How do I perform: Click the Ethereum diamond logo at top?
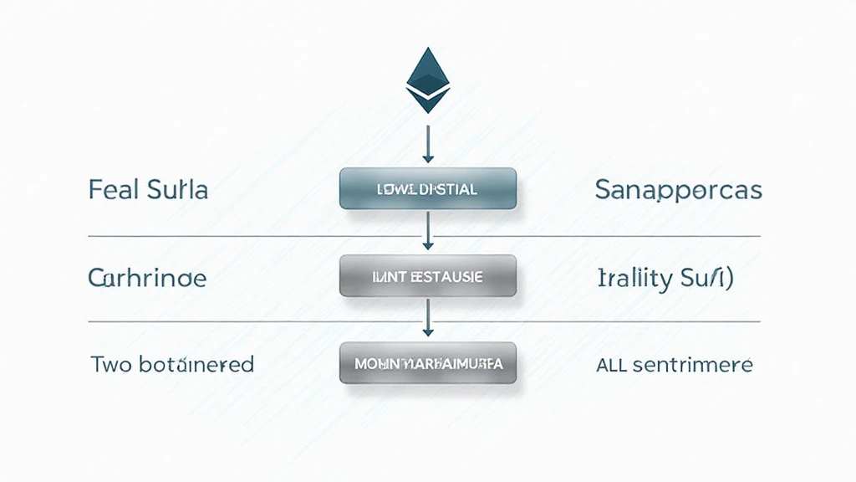pyautogui.click(x=427, y=80)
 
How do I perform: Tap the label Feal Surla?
pyautogui.click(x=148, y=190)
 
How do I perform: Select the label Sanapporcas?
pyautogui.click(x=678, y=190)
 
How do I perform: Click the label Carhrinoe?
pyautogui.click(x=147, y=278)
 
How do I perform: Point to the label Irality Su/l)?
pyautogui.click(x=665, y=279)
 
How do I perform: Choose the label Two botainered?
pyautogui.click(x=171, y=364)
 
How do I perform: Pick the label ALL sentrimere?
pyautogui.click(x=674, y=365)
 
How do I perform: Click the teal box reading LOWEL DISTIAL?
pyautogui.click(x=427, y=190)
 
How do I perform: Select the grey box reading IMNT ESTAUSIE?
pyautogui.click(x=427, y=277)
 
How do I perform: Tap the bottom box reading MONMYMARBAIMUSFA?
pyautogui.click(x=427, y=364)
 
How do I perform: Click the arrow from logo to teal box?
pyautogui.click(x=427, y=143)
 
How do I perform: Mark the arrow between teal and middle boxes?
pyautogui.click(x=427, y=231)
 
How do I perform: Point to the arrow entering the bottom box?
pyautogui.click(x=427, y=319)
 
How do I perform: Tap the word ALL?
pyautogui.click(x=612, y=365)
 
